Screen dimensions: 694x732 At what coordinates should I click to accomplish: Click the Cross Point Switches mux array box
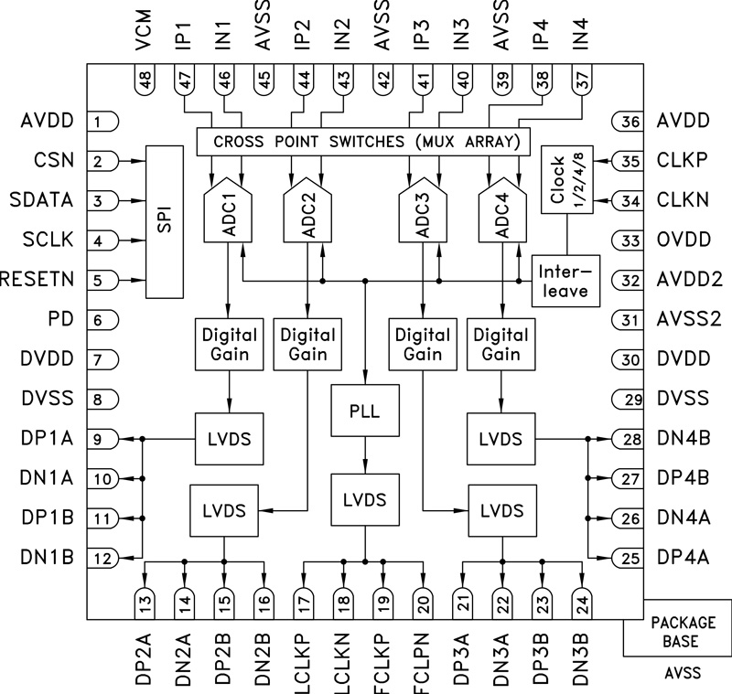364,142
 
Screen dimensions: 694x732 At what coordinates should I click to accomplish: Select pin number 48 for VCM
145,79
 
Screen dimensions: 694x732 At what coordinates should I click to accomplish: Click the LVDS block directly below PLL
365,500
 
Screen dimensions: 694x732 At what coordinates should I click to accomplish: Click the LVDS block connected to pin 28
501,439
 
